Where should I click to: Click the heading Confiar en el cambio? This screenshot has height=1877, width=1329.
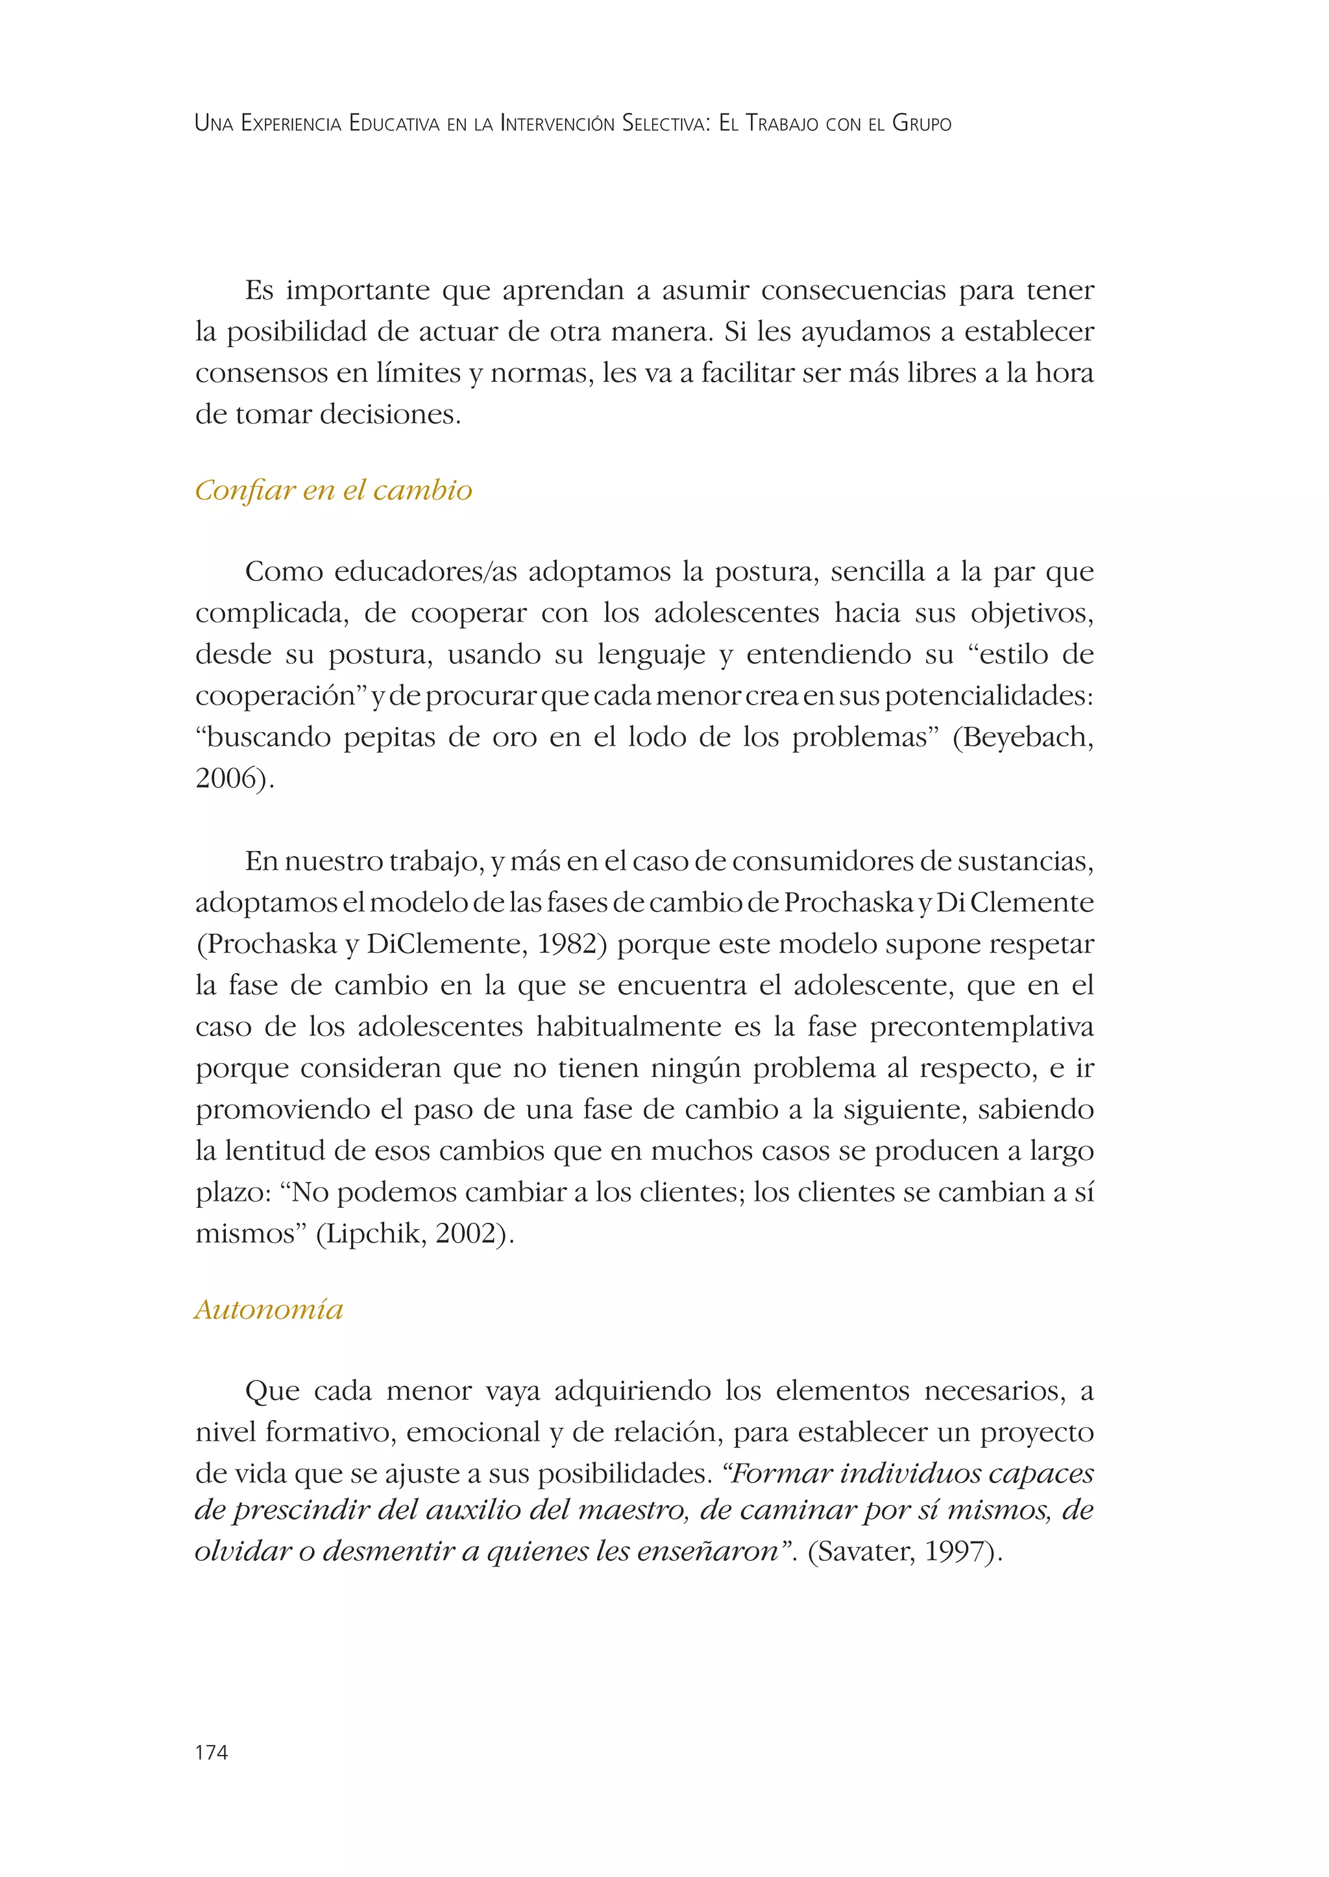point(333,490)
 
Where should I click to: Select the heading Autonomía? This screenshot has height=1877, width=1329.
point(269,1310)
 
